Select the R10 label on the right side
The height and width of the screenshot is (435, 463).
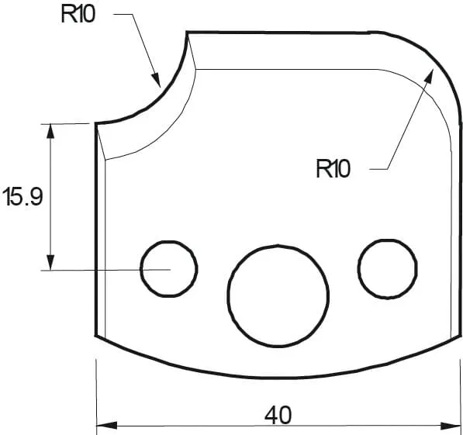click(333, 168)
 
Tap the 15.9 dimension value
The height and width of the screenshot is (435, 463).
click(22, 197)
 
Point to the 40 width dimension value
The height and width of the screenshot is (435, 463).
click(278, 415)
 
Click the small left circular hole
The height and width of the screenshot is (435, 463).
click(168, 268)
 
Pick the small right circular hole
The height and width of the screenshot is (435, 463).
click(387, 268)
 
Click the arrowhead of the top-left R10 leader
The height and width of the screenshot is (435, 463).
click(157, 80)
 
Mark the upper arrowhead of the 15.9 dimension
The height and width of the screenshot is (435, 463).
click(51, 129)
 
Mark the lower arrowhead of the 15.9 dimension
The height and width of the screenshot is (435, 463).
click(51, 264)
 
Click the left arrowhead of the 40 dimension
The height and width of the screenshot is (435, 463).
click(102, 425)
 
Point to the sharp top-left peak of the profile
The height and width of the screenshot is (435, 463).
click(187, 33)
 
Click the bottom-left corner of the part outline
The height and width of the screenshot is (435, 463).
click(95, 337)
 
